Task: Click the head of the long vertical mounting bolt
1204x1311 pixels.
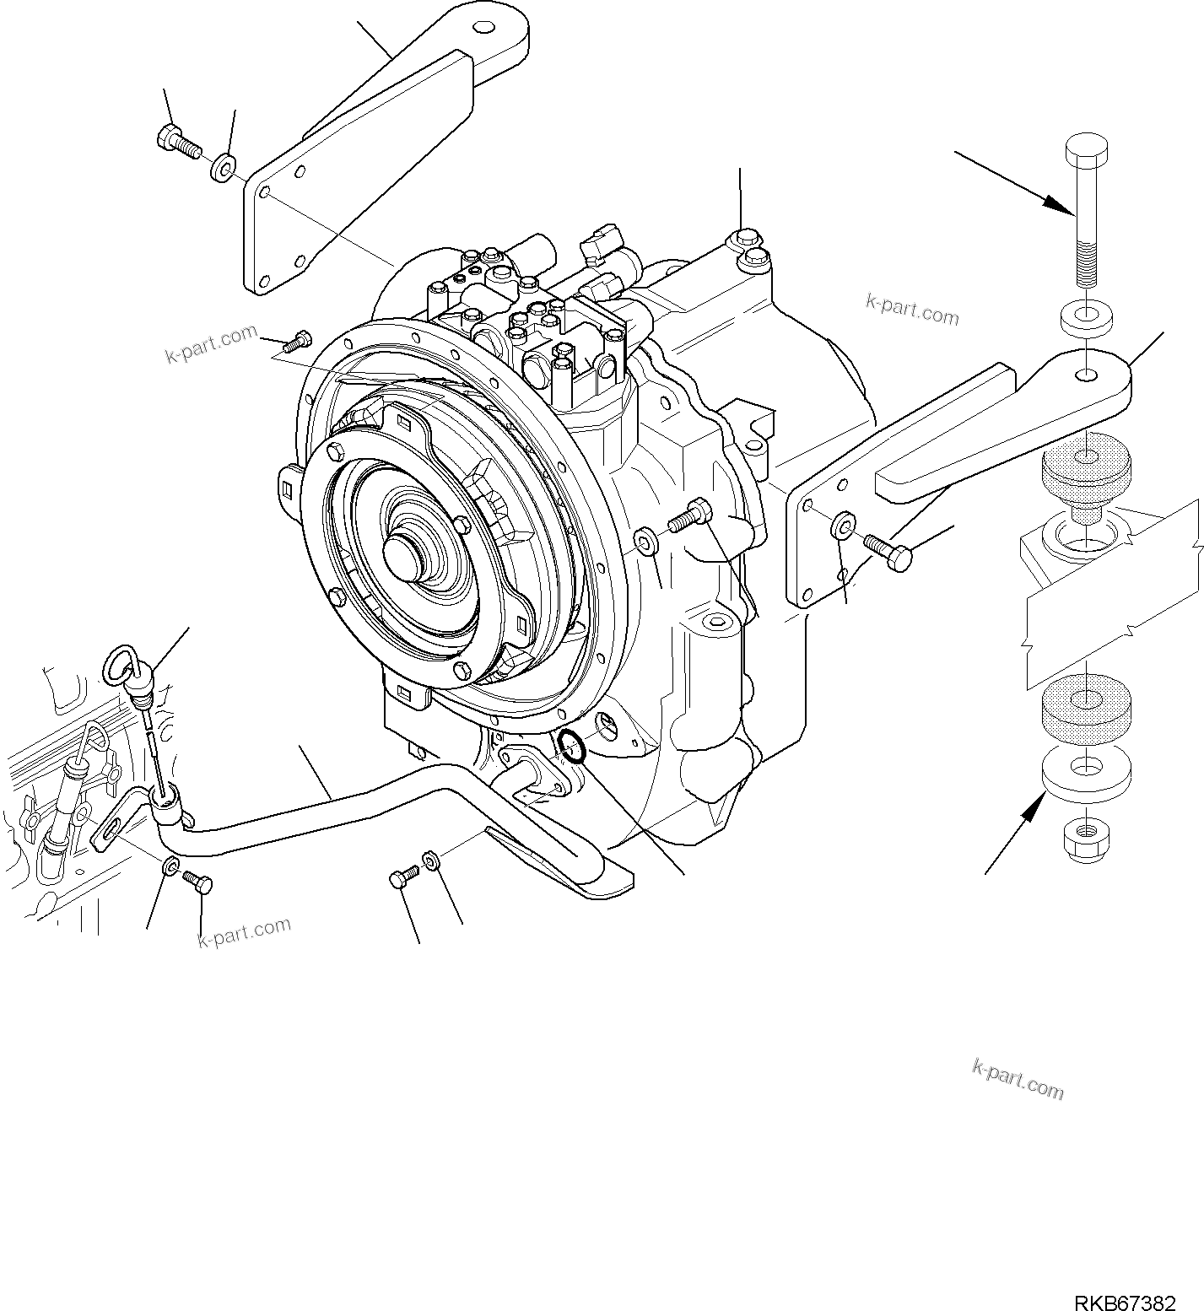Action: click(x=1087, y=153)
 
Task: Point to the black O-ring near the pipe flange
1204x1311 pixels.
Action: click(x=572, y=746)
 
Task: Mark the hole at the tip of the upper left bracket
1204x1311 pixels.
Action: click(x=483, y=30)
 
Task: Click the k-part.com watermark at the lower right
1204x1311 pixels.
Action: click(x=1018, y=1080)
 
